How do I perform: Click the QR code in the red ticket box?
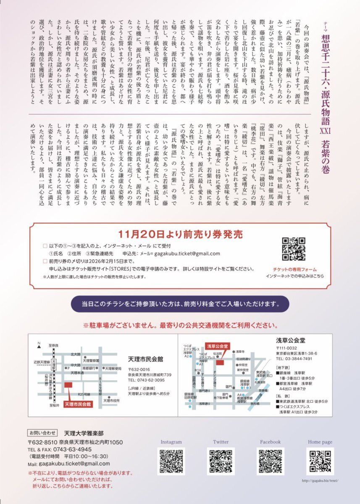(x=293, y=249)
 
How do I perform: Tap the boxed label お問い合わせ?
(x=42, y=432)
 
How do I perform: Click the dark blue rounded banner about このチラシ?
(x=180, y=303)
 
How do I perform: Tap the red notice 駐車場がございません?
(x=180, y=325)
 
